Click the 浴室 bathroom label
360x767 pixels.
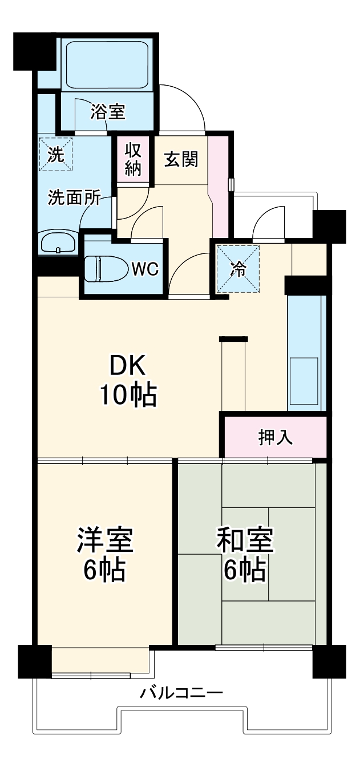[x=108, y=112]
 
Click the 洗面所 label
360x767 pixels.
[x=74, y=198]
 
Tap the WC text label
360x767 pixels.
[x=145, y=269]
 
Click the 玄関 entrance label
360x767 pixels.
[x=181, y=160]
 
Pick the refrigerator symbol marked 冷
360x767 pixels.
[x=238, y=269]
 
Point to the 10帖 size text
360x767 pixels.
[x=128, y=395]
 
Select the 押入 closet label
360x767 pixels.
[x=276, y=438]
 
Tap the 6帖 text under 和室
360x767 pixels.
[x=245, y=570]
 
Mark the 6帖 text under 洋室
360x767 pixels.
[x=105, y=570]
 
